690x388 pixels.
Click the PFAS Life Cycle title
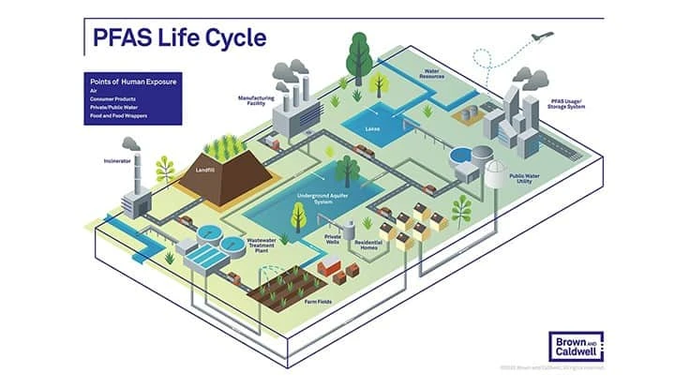179,37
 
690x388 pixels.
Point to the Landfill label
205,171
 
